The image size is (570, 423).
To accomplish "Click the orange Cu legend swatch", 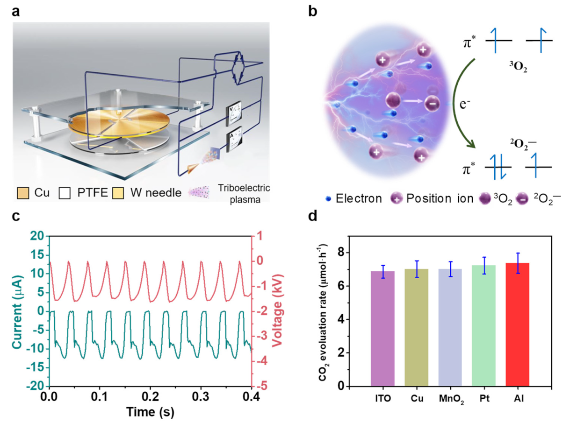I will [23, 192].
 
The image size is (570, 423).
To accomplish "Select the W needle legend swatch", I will [121, 192].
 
